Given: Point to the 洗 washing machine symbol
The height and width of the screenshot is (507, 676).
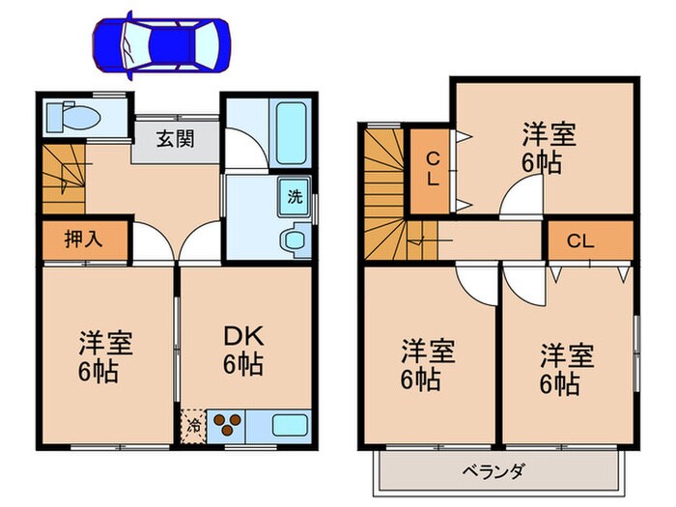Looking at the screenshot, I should click(294, 196).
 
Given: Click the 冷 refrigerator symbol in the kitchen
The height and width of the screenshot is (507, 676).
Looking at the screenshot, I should click(192, 423).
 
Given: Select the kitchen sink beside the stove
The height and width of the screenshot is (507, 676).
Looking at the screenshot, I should click(289, 424).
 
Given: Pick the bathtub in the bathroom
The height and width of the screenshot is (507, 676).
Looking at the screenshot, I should click(291, 132).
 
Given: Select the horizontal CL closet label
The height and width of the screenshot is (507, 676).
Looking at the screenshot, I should click(580, 239).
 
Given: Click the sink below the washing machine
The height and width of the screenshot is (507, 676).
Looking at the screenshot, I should click(294, 238).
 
